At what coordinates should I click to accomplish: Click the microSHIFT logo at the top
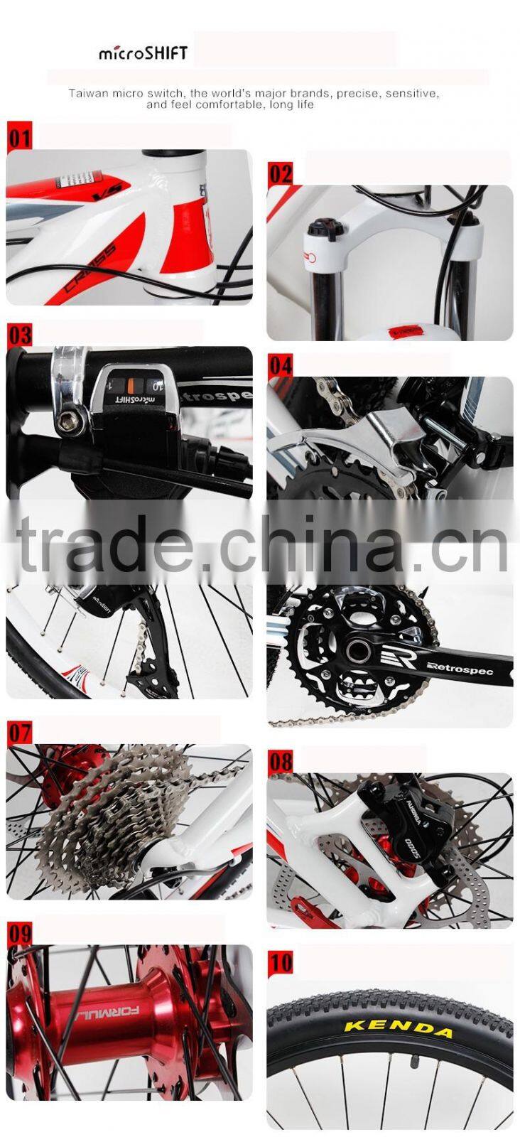(143, 53)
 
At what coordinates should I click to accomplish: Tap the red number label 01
(20, 136)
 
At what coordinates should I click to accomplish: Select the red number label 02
(281, 173)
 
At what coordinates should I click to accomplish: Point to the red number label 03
(20, 335)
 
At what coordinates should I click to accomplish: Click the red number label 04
(281, 365)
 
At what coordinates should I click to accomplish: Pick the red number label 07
(20, 732)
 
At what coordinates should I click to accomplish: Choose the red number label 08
(281, 762)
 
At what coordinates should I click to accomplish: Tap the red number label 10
(281, 963)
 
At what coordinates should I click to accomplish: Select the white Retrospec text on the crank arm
(468, 669)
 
